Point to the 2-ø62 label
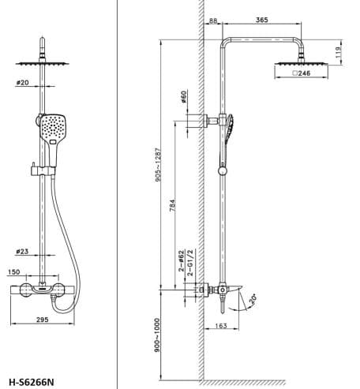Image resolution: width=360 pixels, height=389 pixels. [x=180, y=256]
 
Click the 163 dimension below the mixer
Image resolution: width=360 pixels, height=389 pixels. [x=221, y=326]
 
